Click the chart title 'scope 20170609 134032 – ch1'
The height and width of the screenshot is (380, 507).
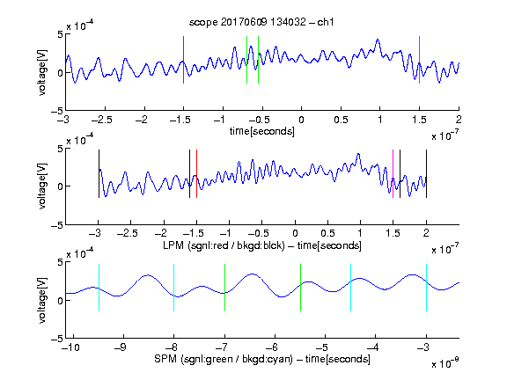pos(261,22)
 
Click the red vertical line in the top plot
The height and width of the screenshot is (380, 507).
pos(183,60)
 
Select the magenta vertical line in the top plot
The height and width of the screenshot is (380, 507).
pos(419,60)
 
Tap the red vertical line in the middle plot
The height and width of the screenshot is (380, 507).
pos(196,174)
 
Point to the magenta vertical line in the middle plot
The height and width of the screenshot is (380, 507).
pos(393,174)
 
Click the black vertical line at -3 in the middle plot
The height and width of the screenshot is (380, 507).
pos(99,174)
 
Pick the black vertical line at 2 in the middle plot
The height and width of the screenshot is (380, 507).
pos(426,174)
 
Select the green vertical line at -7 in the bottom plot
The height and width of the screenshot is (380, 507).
pos(224,288)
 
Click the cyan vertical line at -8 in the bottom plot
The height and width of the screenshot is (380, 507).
pos(174,288)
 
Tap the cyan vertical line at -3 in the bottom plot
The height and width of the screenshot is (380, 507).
pos(426,288)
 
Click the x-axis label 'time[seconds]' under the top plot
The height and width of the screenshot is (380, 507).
pos(262,131)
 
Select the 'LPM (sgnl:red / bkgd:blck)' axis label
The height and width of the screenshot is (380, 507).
pos(224,245)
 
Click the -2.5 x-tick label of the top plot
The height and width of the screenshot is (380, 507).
pos(101,120)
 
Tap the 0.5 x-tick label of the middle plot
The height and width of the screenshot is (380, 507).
pos(327,233)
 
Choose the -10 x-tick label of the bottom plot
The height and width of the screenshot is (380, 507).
pos(70,347)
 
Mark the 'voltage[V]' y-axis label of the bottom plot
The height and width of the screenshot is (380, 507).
pos(42,300)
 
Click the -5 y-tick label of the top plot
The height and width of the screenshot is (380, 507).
pos(57,112)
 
